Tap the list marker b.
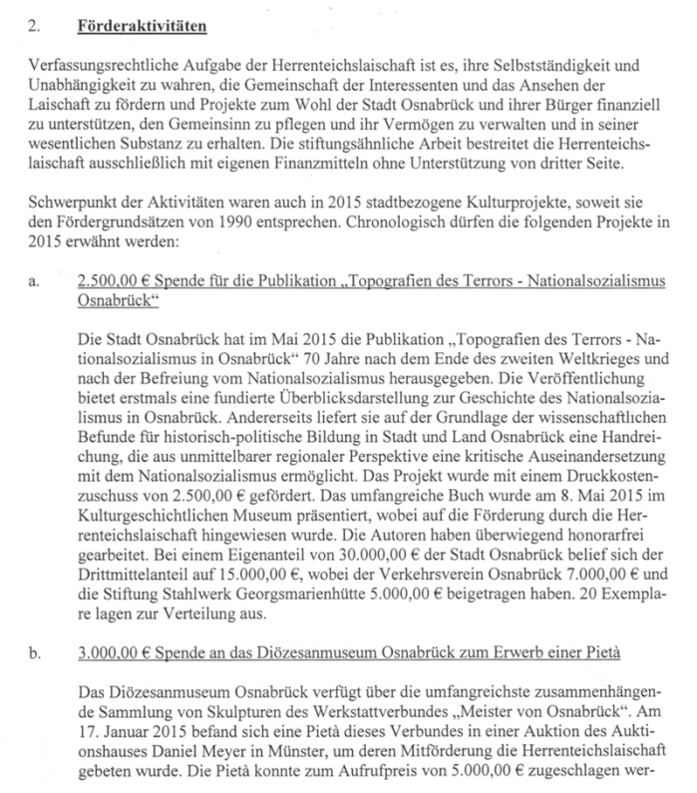[x=36, y=655]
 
